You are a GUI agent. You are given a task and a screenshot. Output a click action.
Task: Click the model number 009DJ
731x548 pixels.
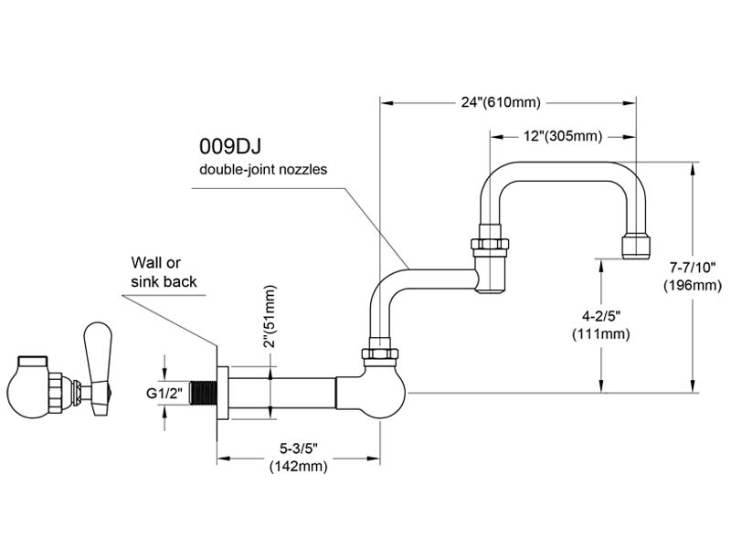(x=230, y=146)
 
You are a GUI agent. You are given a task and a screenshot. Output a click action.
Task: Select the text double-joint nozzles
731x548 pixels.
(x=263, y=169)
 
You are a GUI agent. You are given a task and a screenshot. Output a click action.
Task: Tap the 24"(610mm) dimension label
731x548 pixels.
(x=501, y=102)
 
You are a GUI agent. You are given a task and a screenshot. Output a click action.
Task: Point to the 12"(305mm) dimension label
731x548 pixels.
(x=563, y=136)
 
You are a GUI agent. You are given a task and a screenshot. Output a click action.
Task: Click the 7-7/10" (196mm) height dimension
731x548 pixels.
(x=693, y=277)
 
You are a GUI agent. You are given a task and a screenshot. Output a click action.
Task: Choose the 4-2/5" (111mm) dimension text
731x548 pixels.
(x=601, y=325)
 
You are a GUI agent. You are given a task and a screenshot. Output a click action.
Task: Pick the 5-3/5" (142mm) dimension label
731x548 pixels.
(x=299, y=458)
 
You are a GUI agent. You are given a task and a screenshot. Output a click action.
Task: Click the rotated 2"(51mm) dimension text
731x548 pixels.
(x=269, y=316)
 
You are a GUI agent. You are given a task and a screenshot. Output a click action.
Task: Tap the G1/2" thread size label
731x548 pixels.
(x=164, y=394)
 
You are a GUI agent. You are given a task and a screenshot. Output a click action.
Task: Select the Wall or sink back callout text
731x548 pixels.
(x=164, y=272)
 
